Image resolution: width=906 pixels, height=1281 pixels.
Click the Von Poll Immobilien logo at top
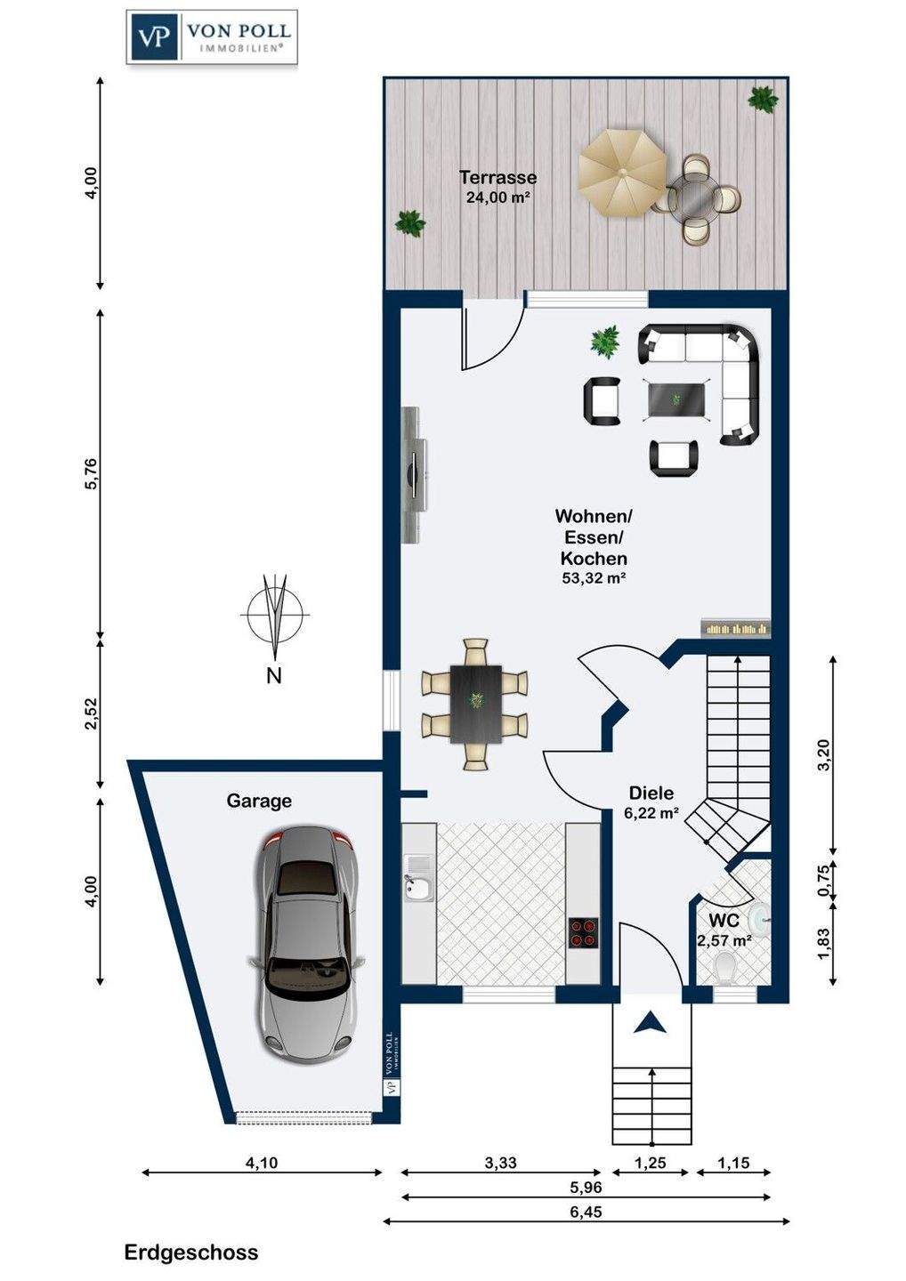[x=212, y=36]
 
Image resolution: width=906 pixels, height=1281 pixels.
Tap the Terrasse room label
[x=497, y=177]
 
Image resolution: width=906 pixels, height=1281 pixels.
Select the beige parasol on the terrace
[x=622, y=173]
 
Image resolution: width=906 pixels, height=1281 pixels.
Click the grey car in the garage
[x=305, y=944]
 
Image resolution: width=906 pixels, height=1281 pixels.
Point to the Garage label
[x=258, y=801]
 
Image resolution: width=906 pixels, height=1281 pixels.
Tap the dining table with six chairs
[x=474, y=704]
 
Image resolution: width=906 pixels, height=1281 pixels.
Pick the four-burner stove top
[x=584, y=932]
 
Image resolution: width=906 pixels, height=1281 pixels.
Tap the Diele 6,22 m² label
[x=651, y=802]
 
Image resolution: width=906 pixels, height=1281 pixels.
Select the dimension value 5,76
[x=92, y=473]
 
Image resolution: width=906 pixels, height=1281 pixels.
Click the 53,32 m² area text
[x=593, y=578]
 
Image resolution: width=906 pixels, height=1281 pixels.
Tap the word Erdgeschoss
[x=191, y=1264]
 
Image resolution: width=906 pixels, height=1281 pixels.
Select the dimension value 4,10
[x=262, y=1163]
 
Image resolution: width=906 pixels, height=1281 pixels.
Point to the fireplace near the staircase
[x=736, y=628]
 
